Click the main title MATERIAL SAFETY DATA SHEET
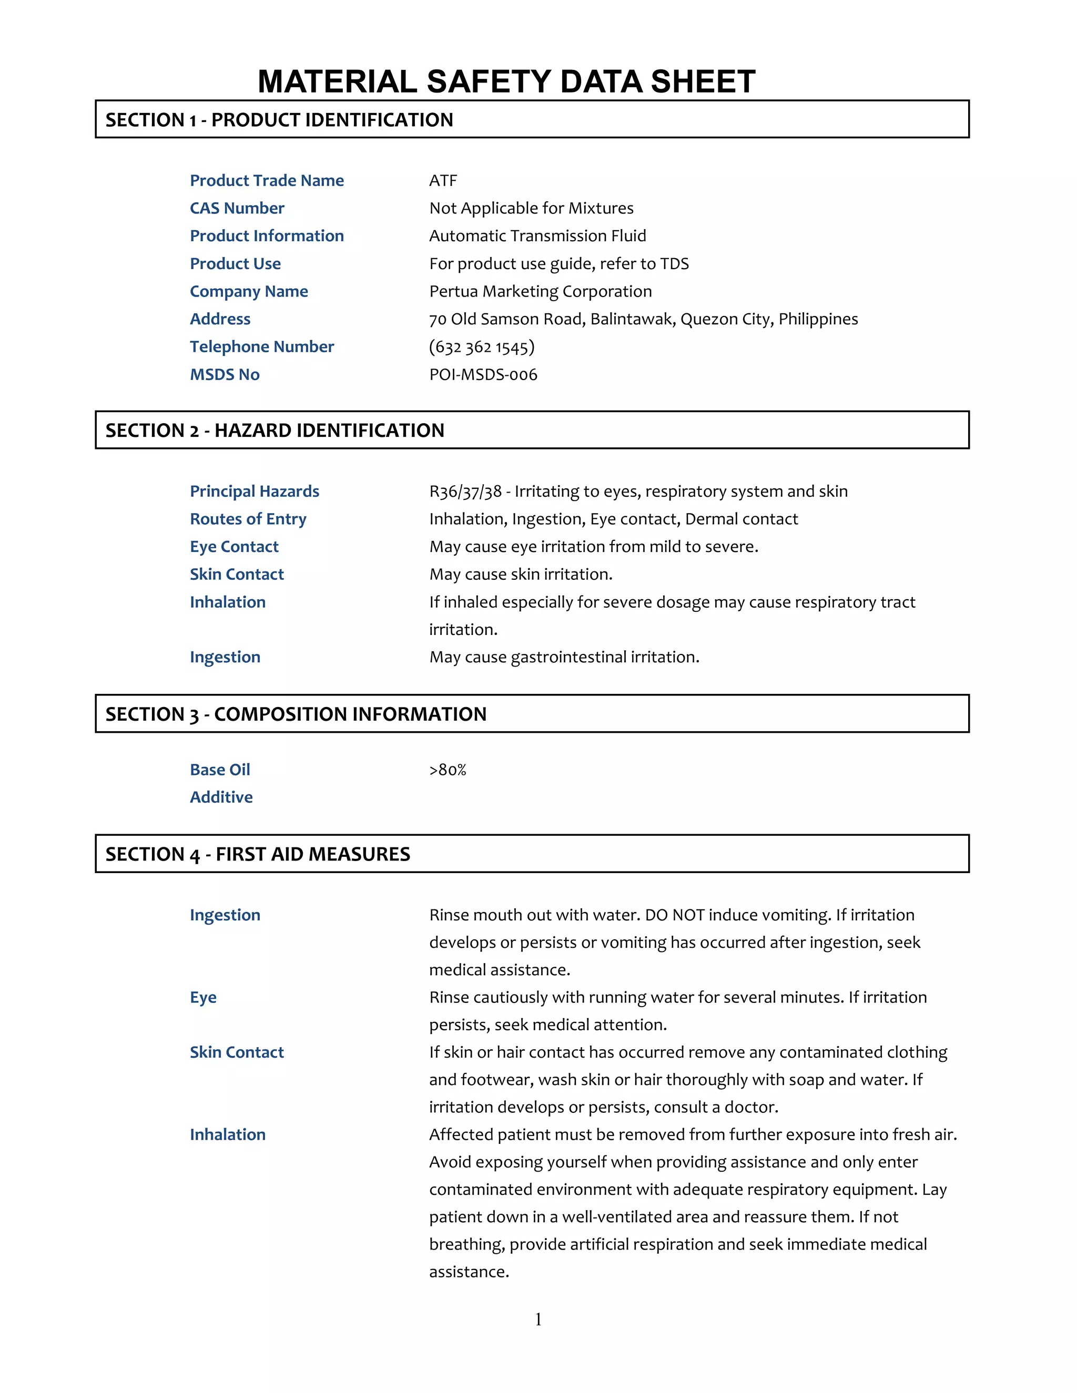tap(506, 81)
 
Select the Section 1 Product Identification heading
tap(279, 120)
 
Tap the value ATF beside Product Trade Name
tap(443, 180)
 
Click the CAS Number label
tap(237, 208)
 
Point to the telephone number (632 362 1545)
tap(482, 347)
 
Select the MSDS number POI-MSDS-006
tap(483, 374)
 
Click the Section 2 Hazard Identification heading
tap(275, 431)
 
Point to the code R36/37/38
tap(465, 491)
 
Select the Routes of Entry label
tap(248, 519)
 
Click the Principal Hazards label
tap(254, 491)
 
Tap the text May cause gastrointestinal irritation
tap(564, 657)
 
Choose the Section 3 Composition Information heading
tap(296, 714)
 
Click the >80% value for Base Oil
tap(448, 770)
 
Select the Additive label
tap(221, 797)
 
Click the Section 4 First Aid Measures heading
tap(257, 854)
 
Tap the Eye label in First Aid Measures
tap(203, 998)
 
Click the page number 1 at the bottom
tap(538, 1319)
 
